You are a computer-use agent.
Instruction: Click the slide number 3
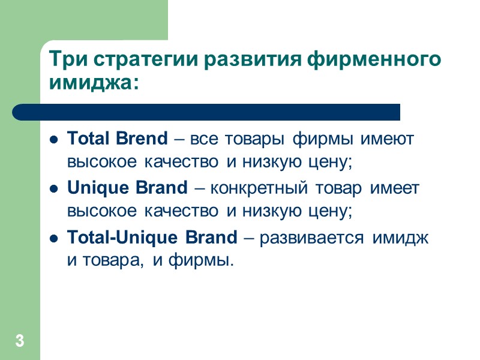click(20, 342)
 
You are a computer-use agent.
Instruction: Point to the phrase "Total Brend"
click(118, 139)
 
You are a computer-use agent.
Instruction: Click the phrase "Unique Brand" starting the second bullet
click(128, 188)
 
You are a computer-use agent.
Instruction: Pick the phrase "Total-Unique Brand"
click(152, 238)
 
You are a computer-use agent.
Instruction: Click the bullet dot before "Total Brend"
click(53, 140)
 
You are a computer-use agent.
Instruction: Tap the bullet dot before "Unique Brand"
click(53, 190)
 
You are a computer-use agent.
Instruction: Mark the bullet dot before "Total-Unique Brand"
click(53, 239)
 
